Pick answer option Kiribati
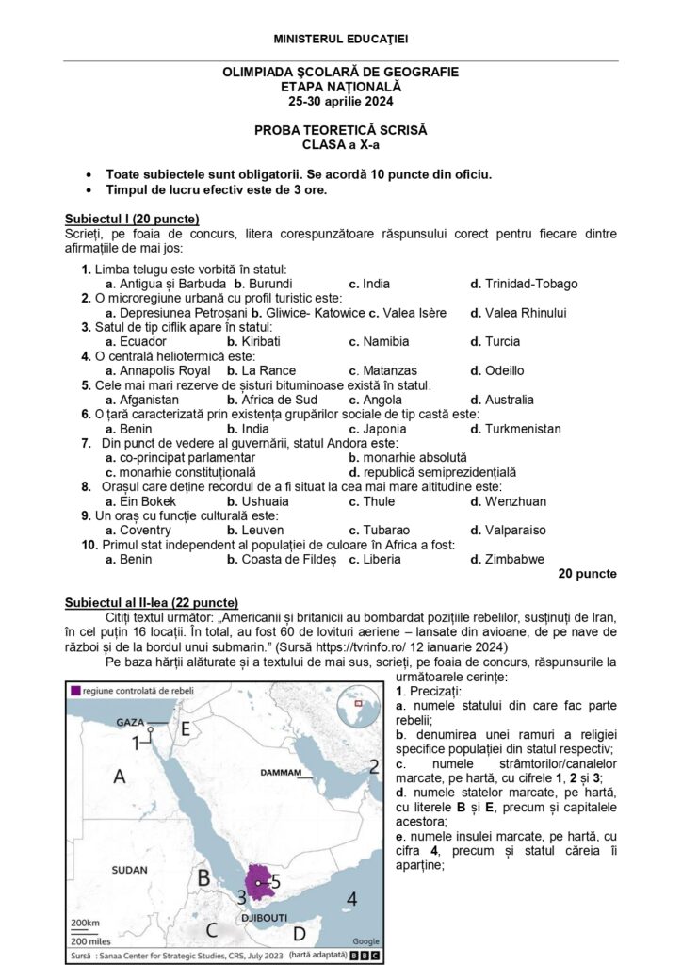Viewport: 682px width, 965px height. (x=259, y=341)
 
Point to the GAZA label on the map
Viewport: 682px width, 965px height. (x=130, y=722)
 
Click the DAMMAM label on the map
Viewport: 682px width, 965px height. (x=280, y=773)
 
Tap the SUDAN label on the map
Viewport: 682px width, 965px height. (x=129, y=869)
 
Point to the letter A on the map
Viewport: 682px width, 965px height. (x=120, y=777)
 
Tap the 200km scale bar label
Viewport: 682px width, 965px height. (x=85, y=922)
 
